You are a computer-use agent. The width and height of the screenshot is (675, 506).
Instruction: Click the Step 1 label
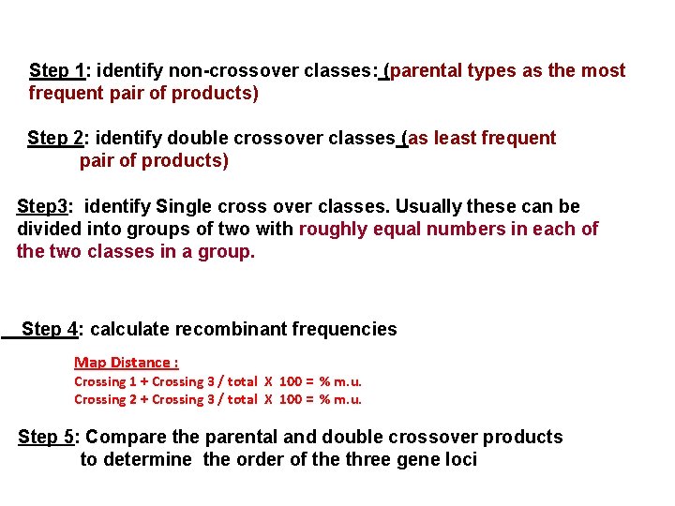tap(57, 71)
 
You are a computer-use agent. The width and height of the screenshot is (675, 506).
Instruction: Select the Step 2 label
tap(55, 139)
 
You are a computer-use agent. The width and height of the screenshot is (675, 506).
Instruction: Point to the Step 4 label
tap(50, 329)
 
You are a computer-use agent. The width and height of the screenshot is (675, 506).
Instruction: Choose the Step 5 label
tap(47, 437)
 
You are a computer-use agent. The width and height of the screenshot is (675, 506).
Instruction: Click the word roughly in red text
tap(332, 229)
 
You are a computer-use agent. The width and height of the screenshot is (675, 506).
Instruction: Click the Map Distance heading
tap(126, 363)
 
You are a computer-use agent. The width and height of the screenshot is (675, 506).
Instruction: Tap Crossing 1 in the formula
tap(106, 381)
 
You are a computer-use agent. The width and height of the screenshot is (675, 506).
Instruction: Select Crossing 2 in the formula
tap(106, 399)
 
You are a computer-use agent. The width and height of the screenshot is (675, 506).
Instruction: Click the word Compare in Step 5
tap(123, 437)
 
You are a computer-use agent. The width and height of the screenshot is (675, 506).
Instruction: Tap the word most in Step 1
tap(604, 71)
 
